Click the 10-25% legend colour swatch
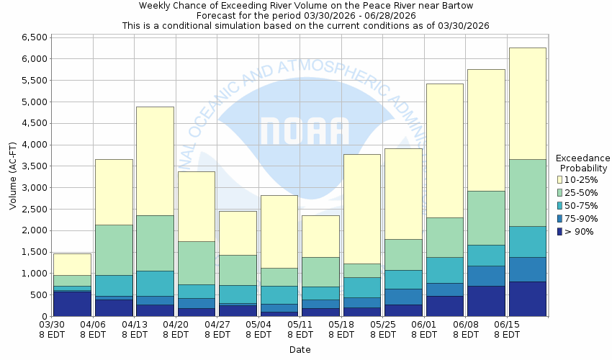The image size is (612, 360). [561, 179]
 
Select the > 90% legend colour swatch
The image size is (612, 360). [561, 232]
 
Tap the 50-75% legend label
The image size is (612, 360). [580, 205]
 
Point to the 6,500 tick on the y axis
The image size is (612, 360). [34, 37]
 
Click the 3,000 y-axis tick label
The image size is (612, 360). [34, 188]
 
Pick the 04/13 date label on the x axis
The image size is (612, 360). [134, 325]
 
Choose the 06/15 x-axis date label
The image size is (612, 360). [508, 325]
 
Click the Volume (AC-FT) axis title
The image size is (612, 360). [13, 176]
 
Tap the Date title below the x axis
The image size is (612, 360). [300, 350]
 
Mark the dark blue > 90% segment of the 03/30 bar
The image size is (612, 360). [72, 303]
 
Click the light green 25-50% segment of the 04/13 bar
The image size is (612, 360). [155, 243]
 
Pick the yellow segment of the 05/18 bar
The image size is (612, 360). [361, 209]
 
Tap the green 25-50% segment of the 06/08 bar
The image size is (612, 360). [486, 217]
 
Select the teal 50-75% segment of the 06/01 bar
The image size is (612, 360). [444, 270]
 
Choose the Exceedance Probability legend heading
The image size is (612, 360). [582, 163]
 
